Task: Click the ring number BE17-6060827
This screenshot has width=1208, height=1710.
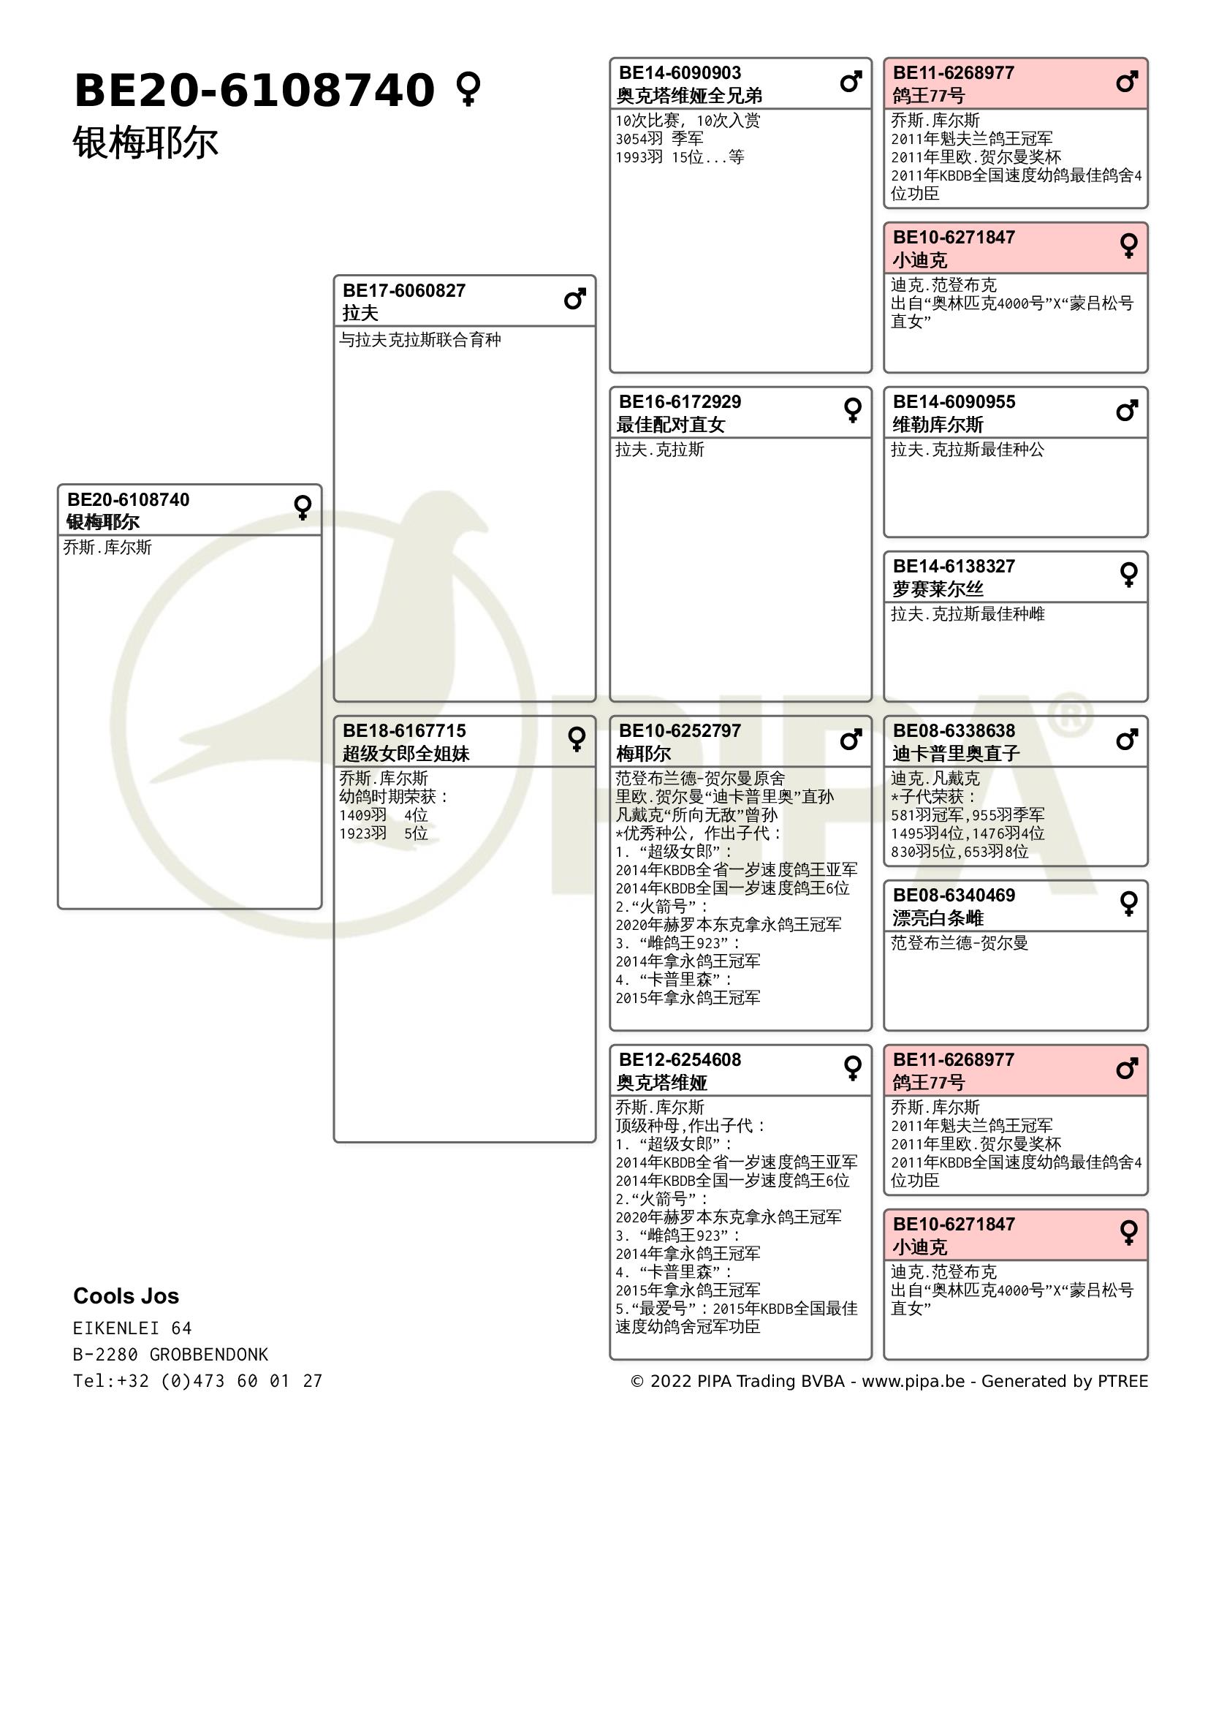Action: pos(403,290)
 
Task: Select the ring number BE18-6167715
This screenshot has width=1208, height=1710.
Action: pos(403,730)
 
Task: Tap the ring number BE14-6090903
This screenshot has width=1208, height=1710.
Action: pos(680,73)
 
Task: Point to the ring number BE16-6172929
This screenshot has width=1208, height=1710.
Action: pos(680,402)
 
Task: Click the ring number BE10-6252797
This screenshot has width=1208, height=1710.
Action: pos(680,730)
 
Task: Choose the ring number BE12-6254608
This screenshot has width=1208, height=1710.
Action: pos(680,1060)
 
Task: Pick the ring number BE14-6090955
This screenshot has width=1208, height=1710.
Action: pos(954,402)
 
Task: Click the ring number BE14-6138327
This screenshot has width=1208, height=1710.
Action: pos(954,566)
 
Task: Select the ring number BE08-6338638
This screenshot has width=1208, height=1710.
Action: pos(954,730)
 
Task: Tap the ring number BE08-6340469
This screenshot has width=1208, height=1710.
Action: pos(954,896)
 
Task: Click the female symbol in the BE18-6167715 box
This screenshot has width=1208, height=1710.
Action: pos(576,739)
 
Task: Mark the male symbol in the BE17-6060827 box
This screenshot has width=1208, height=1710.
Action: pos(574,300)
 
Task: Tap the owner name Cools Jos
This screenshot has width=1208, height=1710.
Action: pos(126,1296)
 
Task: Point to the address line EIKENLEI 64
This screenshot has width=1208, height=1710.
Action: pos(132,1328)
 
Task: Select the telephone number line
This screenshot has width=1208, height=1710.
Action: pos(197,1381)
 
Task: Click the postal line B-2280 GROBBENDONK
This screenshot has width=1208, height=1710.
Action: pos(170,1354)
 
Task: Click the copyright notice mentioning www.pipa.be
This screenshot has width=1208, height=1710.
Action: pos(889,1381)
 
